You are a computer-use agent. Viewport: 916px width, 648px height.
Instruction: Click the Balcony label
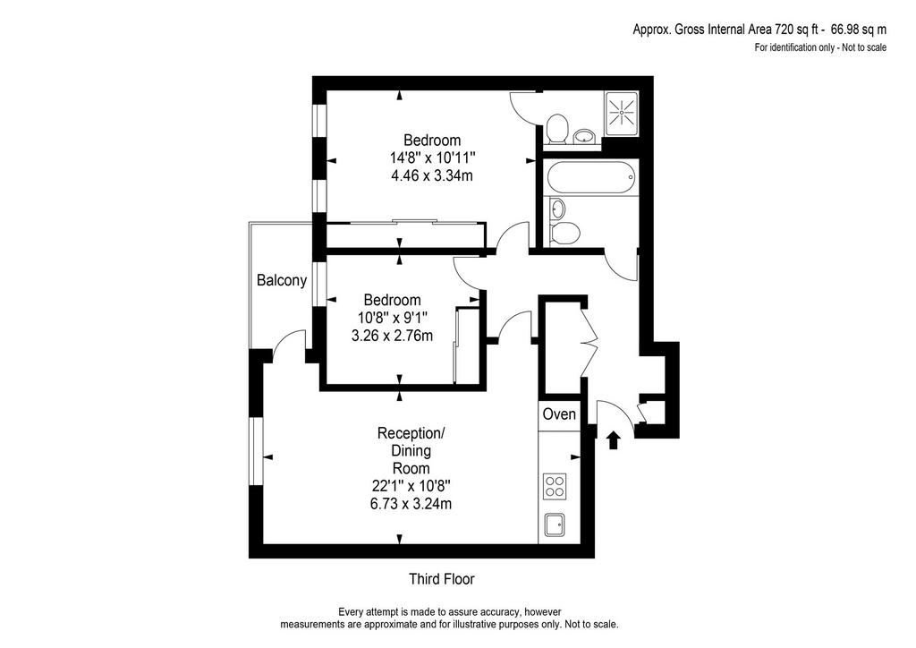[x=282, y=280]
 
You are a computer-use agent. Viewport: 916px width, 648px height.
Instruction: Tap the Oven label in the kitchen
[x=559, y=414]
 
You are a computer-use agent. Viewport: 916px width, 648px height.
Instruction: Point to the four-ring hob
[x=555, y=486]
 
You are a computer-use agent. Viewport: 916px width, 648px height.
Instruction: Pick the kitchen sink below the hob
[x=555, y=524]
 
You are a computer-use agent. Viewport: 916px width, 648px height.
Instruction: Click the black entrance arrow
[x=613, y=440]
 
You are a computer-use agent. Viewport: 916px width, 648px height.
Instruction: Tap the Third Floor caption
[x=442, y=579]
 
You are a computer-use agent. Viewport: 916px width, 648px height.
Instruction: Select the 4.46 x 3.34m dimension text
[x=432, y=175]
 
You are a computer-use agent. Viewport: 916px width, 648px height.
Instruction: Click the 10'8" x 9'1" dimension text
[x=393, y=318]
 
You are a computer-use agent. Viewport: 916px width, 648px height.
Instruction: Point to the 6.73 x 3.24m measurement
[x=411, y=504]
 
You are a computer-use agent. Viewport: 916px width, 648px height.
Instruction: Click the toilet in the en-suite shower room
[x=556, y=129]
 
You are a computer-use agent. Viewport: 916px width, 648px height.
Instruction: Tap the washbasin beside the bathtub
[x=558, y=208]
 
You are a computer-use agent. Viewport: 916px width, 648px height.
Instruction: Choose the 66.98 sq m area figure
[x=859, y=30]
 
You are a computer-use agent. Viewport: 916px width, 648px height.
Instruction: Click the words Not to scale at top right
[x=864, y=47]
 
